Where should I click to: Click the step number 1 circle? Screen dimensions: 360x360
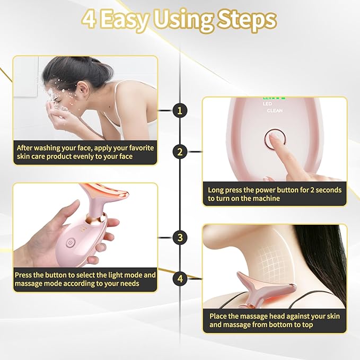pyautogui.click(x=180, y=110)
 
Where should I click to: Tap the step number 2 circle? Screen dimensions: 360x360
pyautogui.click(x=180, y=152)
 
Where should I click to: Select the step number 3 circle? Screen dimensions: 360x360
pyautogui.click(x=180, y=238)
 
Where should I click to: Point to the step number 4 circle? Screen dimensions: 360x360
pyautogui.click(x=180, y=278)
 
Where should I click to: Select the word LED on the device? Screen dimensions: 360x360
pyautogui.click(x=267, y=104)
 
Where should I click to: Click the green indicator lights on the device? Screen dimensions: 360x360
pyautogui.click(x=274, y=98)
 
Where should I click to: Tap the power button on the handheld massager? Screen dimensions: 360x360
pyautogui.click(x=69, y=244)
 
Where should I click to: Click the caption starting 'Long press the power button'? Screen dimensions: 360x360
pyautogui.click(x=274, y=194)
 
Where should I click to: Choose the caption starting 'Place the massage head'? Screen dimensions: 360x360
pyautogui.click(x=274, y=320)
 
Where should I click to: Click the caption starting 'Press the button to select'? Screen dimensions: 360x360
pyautogui.click(x=85, y=280)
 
